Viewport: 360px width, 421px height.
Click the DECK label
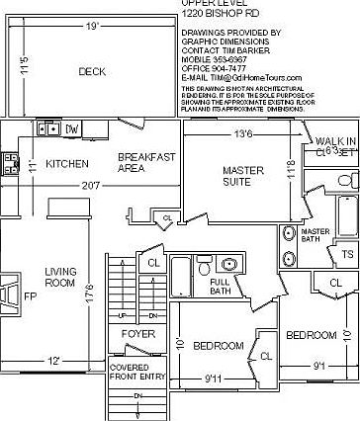(x=92, y=71)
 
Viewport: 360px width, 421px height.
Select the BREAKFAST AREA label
(x=146, y=162)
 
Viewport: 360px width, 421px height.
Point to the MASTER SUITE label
(x=242, y=176)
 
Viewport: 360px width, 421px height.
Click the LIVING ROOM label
(x=60, y=277)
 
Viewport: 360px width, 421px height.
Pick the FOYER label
(x=138, y=362)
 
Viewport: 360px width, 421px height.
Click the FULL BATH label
(x=220, y=287)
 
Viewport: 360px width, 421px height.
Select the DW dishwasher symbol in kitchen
(x=72, y=128)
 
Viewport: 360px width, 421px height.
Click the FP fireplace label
(x=30, y=295)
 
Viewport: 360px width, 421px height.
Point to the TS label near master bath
(x=347, y=254)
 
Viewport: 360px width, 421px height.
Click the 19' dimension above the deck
(x=91, y=23)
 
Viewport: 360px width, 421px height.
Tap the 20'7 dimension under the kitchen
(x=91, y=185)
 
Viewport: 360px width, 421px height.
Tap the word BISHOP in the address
(x=229, y=14)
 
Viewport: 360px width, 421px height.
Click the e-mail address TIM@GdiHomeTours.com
(x=259, y=77)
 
